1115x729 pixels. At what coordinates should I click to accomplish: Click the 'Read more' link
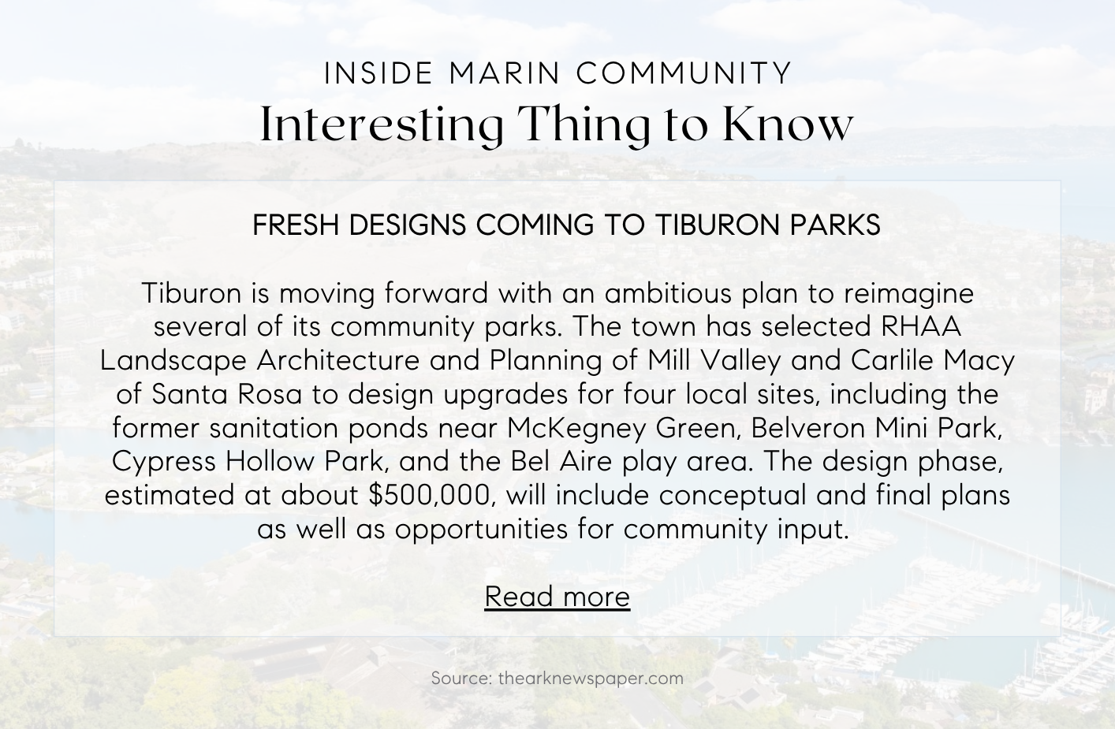pos(557,596)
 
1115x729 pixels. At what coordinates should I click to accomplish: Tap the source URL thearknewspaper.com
pos(591,679)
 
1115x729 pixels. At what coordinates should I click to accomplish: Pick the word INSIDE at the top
pos(379,73)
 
